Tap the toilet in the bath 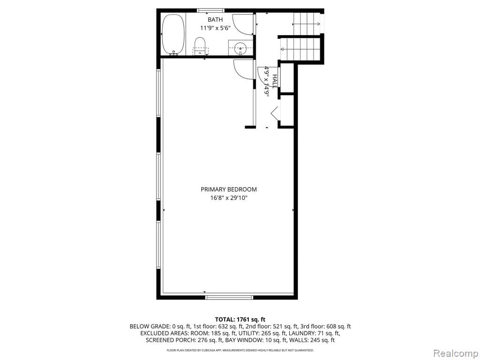coord(201,47)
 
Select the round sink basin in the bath coord(241,47)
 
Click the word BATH coord(215,20)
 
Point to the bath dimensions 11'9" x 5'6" coord(215,28)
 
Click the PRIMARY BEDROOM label coord(229,189)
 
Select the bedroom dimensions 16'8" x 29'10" coord(229,198)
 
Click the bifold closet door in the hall coord(275,113)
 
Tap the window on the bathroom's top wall coord(210,10)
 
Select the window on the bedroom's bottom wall coord(229,297)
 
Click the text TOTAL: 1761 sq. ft coord(240,319)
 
